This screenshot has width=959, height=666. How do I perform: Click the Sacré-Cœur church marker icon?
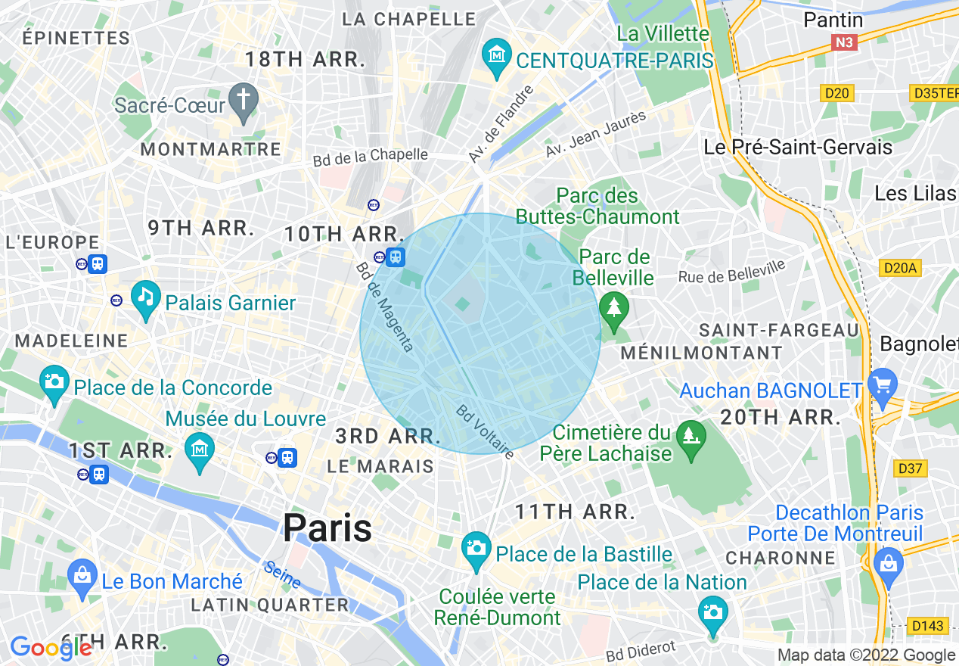[x=244, y=103]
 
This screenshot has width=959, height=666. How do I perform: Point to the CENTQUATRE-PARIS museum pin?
[x=497, y=58]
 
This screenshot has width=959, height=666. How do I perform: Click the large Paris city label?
[x=327, y=528]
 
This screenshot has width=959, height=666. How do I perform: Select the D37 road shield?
[x=910, y=468]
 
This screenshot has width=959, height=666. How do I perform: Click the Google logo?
[x=51, y=648]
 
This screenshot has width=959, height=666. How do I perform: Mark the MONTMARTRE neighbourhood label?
[x=211, y=150]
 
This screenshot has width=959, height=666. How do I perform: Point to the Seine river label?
[x=283, y=575]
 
